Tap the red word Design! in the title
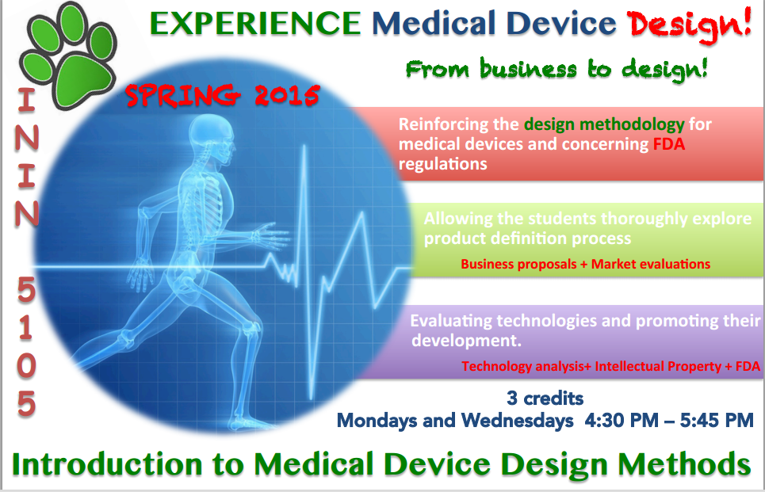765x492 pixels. click(x=689, y=25)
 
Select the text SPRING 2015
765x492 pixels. click(x=222, y=96)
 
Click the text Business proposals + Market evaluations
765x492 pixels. click(x=585, y=263)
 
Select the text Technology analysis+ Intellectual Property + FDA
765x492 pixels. click(x=610, y=366)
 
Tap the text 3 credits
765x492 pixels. click(x=545, y=397)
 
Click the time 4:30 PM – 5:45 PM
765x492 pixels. click(x=667, y=420)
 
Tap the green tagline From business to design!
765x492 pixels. click(x=557, y=69)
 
